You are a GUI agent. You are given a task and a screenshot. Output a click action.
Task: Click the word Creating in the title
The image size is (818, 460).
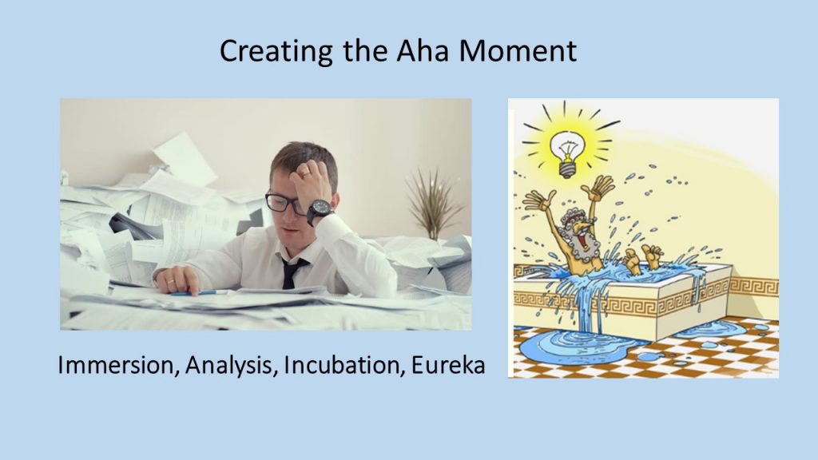click(276, 52)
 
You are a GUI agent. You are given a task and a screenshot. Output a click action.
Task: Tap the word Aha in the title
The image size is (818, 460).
click(425, 50)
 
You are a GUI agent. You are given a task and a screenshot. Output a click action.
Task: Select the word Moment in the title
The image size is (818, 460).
click(518, 50)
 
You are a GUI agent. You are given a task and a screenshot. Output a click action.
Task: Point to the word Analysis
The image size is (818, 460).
click(229, 366)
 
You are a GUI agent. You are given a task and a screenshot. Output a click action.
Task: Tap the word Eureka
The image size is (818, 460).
click(447, 365)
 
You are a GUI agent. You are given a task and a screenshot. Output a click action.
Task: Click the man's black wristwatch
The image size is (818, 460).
click(320, 211)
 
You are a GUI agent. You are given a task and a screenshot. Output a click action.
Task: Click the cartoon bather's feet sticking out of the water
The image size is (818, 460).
click(642, 257)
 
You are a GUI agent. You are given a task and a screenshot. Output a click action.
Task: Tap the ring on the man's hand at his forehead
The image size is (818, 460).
click(306, 173)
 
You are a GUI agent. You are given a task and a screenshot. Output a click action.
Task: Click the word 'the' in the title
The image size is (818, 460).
click(364, 50)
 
